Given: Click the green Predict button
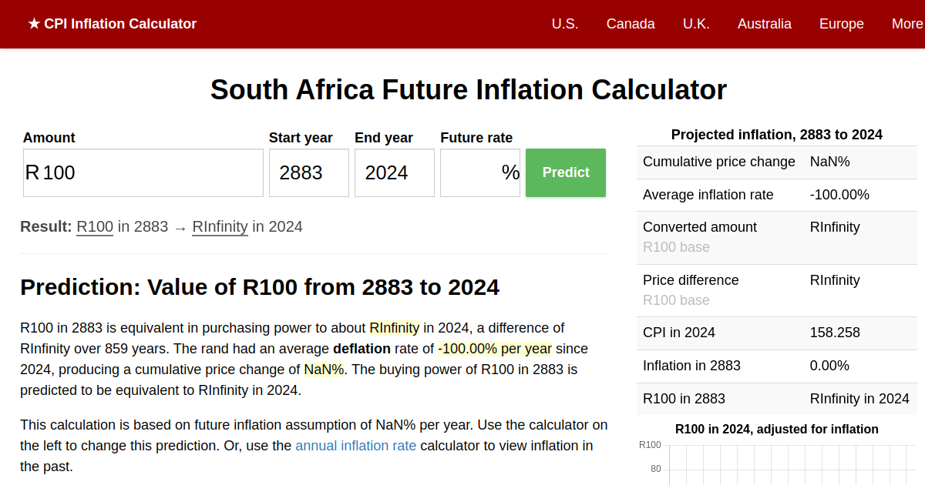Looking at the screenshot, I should tap(565, 172).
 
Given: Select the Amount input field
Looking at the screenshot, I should tap(143, 172).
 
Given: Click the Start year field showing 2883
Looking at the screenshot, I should tap(308, 172).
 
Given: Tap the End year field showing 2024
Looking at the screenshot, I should tap(394, 172).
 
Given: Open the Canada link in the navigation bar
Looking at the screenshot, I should tap(631, 24).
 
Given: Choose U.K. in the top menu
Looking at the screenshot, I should tap(696, 24).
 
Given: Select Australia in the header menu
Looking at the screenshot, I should tap(764, 24).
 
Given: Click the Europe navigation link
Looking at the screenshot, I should tap(841, 24).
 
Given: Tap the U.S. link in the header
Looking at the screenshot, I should tap(564, 24).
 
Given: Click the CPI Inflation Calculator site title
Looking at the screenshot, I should tap(112, 24).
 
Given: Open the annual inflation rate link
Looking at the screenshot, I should tap(355, 445).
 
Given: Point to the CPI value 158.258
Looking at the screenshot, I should tap(835, 333).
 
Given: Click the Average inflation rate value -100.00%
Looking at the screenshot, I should tap(839, 195).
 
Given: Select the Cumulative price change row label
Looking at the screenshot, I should tap(718, 162).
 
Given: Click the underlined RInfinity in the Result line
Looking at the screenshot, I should tap(220, 226).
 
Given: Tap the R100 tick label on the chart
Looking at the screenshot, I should tap(650, 445).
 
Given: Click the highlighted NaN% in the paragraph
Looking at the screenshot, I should tap(324, 370).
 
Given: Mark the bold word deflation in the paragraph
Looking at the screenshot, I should tap(362, 349).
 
